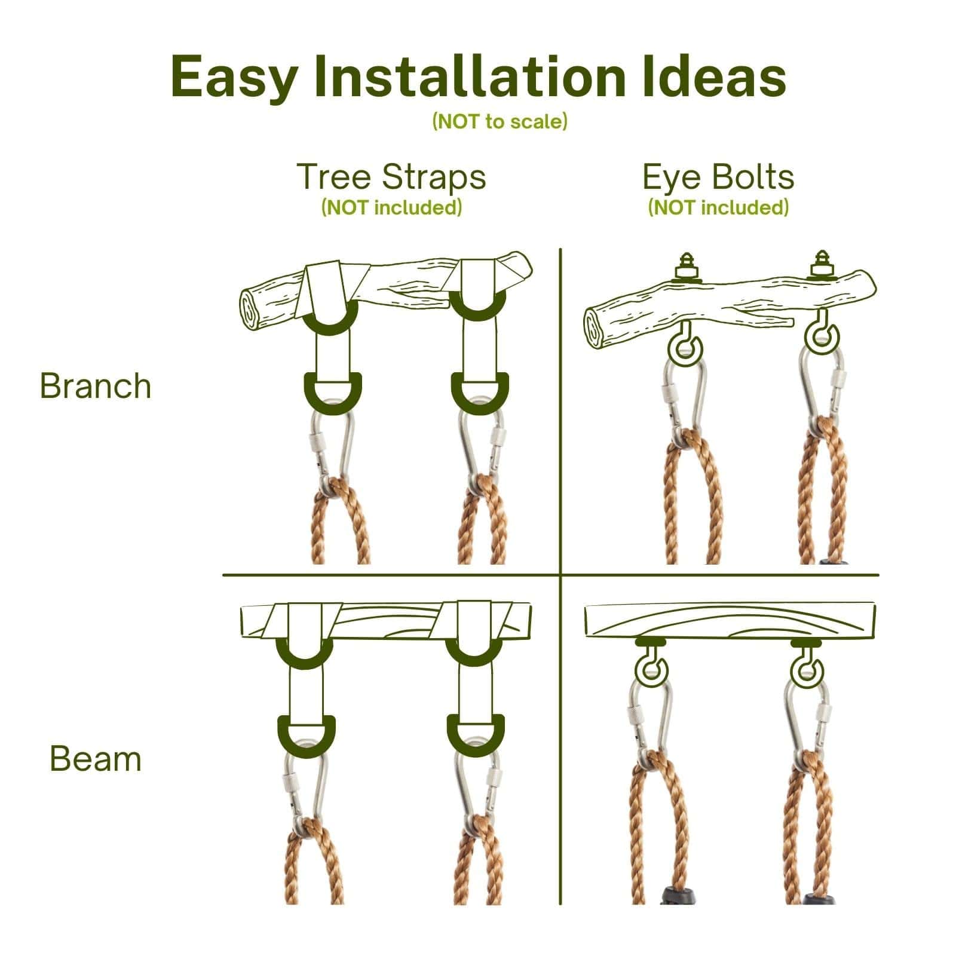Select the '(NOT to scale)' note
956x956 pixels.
[500, 122]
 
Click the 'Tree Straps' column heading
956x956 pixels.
[391, 177]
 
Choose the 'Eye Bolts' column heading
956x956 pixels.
[718, 177]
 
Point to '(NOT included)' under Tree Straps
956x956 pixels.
[391, 207]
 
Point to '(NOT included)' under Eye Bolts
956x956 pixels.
[718, 207]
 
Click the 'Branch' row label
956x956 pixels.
[96, 386]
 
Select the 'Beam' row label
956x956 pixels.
[96, 759]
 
